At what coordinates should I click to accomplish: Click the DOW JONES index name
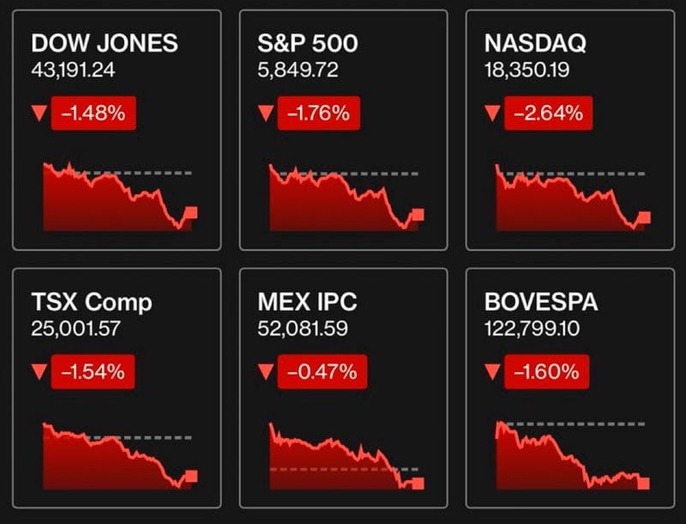(x=104, y=44)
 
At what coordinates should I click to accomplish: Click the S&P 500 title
(x=308, y=44)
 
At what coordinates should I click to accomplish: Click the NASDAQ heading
(x=536, y=44)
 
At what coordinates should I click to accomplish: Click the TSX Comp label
(x=92, y=302)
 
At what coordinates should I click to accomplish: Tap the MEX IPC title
(x=307, y=302)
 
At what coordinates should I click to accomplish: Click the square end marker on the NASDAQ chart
(x=644, y=217)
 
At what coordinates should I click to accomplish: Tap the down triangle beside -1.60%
(x=492, y=371)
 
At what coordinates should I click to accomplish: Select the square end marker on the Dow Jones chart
(x=190, y=213)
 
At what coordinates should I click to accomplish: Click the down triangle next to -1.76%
(x=264, y=112)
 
